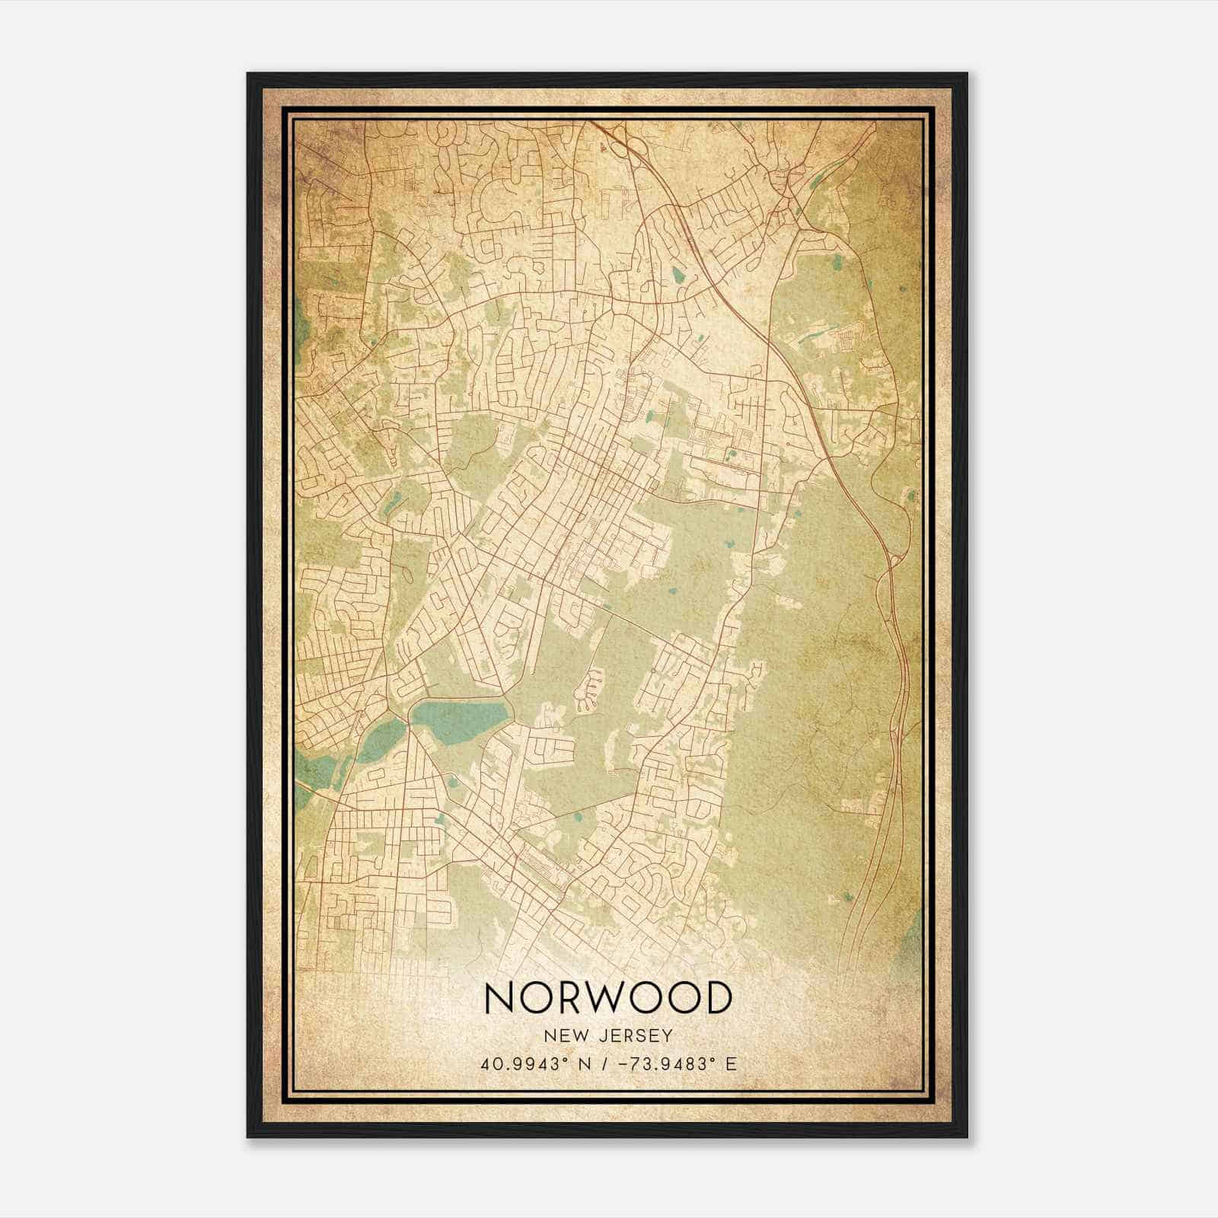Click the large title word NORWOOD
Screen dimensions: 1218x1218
click(x=607, y=997)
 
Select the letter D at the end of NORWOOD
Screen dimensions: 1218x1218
click(x=716, y=997)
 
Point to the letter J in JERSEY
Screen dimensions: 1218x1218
click(x=604, y=1035)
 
